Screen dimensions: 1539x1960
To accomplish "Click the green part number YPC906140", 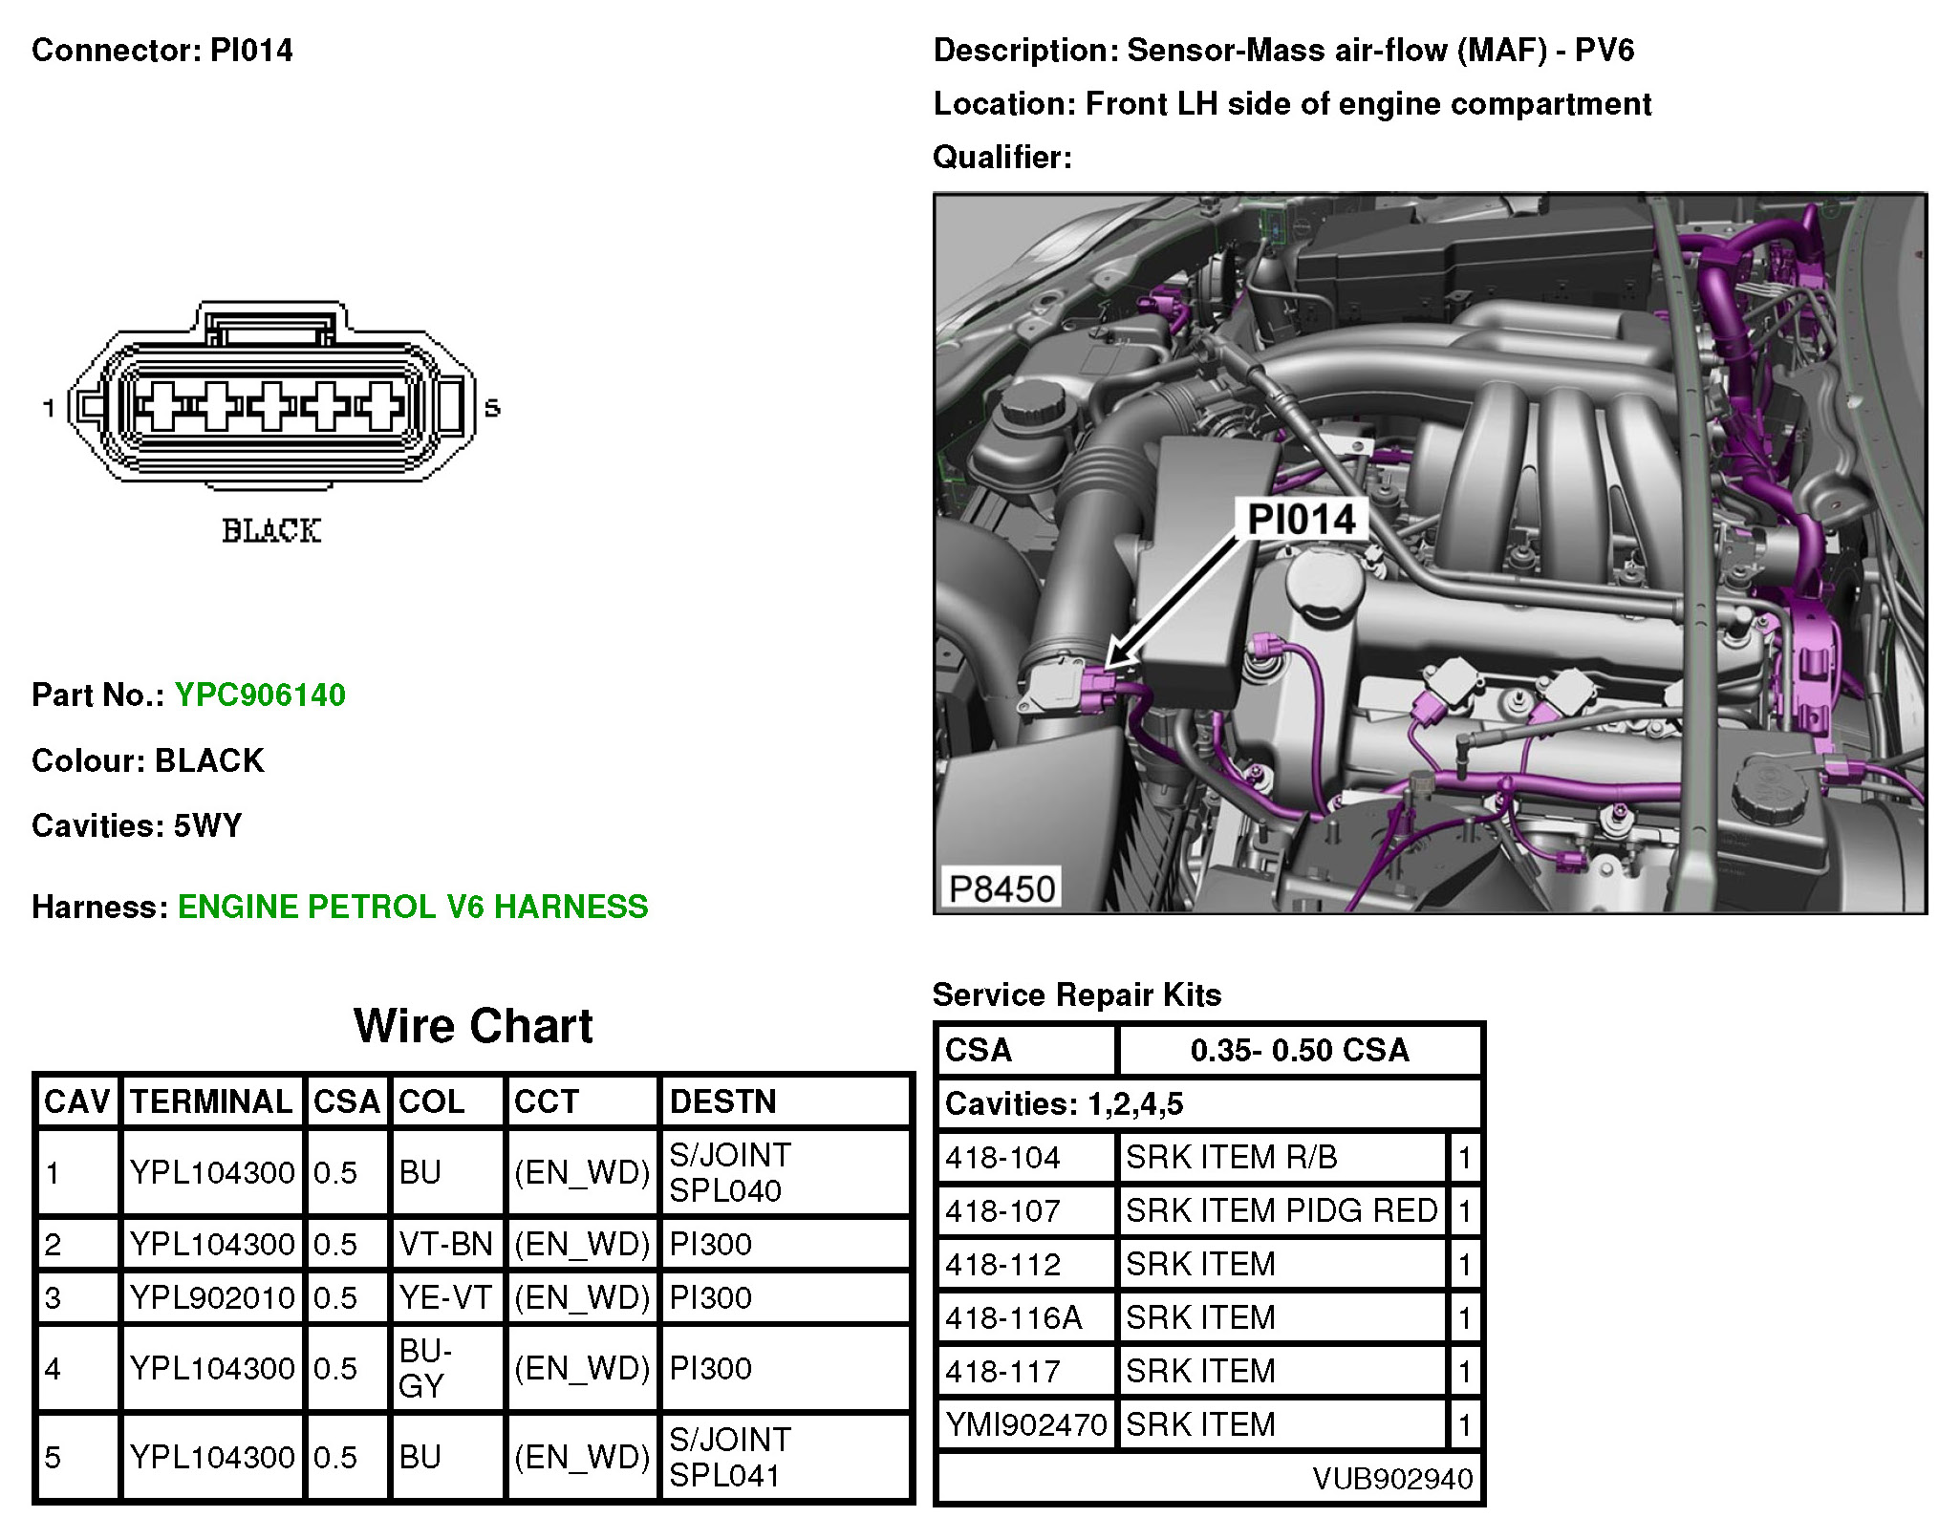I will [x=259, y=695].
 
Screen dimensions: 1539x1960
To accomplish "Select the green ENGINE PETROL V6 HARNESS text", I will [x=412, y=907].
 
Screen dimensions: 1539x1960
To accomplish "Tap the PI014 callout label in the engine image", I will [x=1301, y=520].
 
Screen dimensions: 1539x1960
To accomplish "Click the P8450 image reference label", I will [x=1001, y=888].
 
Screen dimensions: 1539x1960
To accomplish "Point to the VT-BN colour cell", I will [x=444, y=1244].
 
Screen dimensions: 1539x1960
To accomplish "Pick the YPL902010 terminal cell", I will [x=211, y=1297].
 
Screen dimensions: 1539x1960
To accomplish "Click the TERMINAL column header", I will [x=210, y=1101].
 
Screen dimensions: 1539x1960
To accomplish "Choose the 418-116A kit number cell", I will [x=1013, y=1318].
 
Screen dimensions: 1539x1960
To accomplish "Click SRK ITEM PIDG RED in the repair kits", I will [x=1281, y=1211].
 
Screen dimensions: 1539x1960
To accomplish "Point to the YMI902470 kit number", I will [x=1025, y=1425].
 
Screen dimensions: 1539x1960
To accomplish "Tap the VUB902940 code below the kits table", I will [x=1392, y=1479].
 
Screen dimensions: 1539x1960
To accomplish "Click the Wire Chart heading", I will [x=473, y=1026].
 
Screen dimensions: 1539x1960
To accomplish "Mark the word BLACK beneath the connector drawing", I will [x=271, y=531].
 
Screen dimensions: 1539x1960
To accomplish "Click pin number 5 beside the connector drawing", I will [x=492, y=408].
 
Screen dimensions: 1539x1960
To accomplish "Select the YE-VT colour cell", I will [x=444, y=1297].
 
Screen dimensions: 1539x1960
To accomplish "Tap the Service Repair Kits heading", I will [x=1076, y=994].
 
